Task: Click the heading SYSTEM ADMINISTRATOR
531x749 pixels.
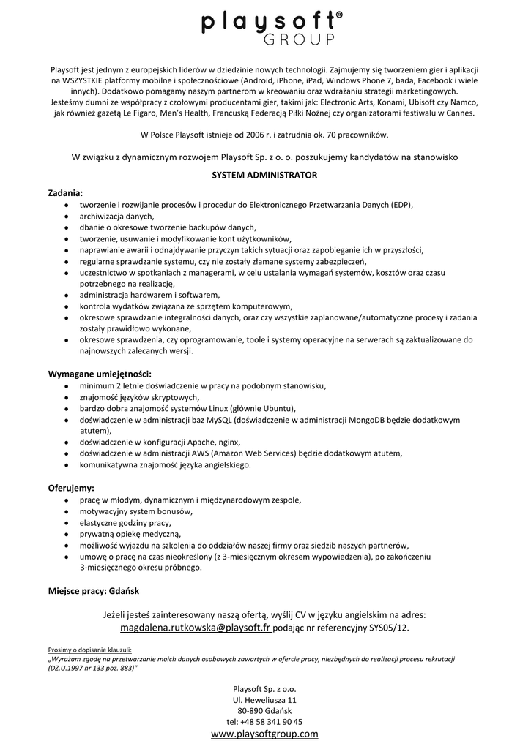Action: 264,176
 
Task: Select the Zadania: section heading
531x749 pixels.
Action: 66,192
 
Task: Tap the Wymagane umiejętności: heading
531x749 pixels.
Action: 100,373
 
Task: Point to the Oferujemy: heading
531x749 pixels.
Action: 71,487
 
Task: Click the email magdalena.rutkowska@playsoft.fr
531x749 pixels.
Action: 196,628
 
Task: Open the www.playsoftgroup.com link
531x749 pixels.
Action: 264,734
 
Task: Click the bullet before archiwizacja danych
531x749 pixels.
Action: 67,216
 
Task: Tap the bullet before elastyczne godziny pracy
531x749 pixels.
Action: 67,523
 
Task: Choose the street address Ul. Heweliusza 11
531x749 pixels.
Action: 264,699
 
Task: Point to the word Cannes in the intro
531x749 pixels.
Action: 457,113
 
